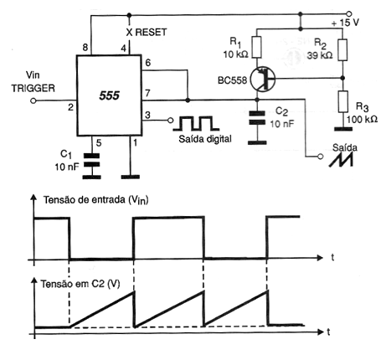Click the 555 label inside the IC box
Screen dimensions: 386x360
coord(109,95)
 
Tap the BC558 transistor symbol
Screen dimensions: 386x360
coord(263,79)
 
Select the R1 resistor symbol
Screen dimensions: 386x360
coord(257,47)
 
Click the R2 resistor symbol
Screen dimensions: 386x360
coord(342,50)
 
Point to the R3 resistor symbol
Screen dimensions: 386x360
coord(343,101)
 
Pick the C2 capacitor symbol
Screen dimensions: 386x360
coord(257,117)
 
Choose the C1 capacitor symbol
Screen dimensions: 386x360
coord(91,160)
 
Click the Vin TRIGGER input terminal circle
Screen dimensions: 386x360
coord(33,100)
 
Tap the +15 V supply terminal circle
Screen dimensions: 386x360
coord(348,13)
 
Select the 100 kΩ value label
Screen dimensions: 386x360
coord(362,120)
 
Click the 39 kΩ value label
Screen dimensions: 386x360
coord(320,55)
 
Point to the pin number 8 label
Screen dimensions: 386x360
coord(85,48)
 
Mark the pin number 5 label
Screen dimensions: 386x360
coord(99,143)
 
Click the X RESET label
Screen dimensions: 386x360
coord(147,33)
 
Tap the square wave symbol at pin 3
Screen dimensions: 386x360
coord(196,123)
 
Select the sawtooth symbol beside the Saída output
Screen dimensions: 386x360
coord(341,160)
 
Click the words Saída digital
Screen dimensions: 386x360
coord(205,139)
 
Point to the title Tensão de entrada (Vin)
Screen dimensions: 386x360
coord(95,200)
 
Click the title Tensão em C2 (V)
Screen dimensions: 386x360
coord(80,284)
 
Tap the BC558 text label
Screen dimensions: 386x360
coord(233,80)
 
